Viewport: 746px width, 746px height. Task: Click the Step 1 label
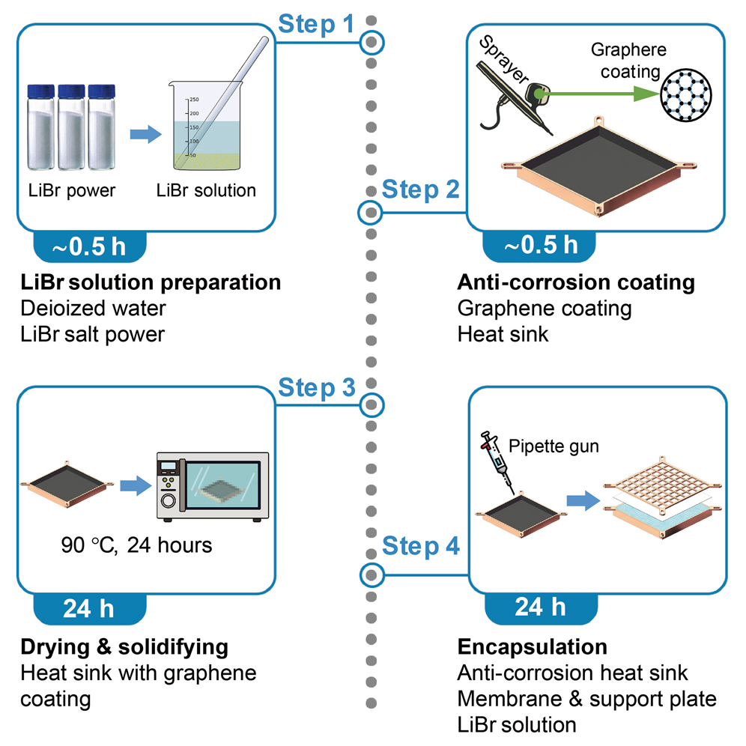(x=315, y=24)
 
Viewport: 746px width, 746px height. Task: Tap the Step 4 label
(x=421, y=547)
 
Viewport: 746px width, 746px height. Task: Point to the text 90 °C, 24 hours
(x=136, y=545)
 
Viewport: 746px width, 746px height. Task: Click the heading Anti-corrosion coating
(x=575, y=283)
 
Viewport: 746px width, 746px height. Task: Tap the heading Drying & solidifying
(x=124, y=646)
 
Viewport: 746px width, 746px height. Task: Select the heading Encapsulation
(x=532, y=646)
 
